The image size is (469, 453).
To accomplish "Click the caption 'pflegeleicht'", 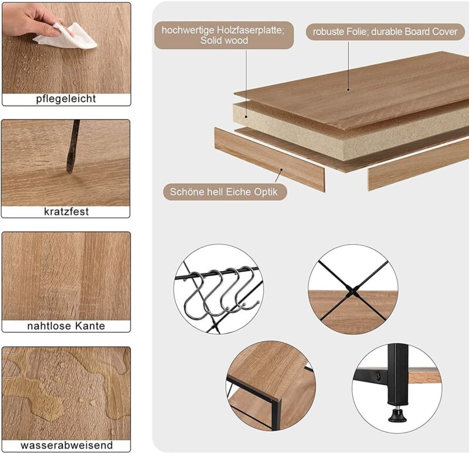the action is [66, 99].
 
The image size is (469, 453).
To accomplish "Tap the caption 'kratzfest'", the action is [66, 211].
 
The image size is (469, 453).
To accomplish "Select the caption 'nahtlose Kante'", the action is [66, 325].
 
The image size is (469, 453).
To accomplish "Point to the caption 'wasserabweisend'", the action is [67, 445].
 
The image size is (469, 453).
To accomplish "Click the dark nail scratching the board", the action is [73, 146].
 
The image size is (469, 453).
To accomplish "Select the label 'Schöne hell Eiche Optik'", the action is [224, 192].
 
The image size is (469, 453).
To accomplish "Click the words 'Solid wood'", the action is [224, 40].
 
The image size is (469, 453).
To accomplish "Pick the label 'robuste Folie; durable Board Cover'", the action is [385, 32].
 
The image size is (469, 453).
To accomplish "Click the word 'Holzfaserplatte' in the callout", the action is [250, 30].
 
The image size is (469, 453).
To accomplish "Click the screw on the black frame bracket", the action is [378, 375].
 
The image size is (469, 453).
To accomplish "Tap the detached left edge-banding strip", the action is [269, 159].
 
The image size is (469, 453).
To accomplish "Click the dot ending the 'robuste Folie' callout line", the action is [348, 90].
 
